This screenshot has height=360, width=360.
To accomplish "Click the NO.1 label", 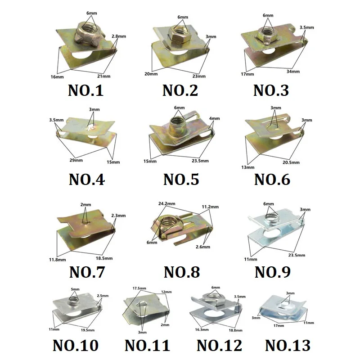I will pyautogui.click(x=86, y=90).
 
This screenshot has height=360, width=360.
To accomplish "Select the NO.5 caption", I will pyautogui.click(x=181, y=180).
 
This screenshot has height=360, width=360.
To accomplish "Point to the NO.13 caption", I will pyautogui.click(x=288, y=346).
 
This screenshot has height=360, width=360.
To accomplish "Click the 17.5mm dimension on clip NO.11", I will pyautogui.click(x=139, y=288).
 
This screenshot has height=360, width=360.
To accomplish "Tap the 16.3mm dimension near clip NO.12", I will pyautogui.click(x=202, y=329).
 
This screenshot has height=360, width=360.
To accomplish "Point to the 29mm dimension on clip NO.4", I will pyautogui.click(x=76, y=159).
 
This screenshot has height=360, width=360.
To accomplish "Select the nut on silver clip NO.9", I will pyautogui.click(x=270, y=218).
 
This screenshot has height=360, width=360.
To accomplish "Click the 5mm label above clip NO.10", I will pyautogui.click(x=75, y=289).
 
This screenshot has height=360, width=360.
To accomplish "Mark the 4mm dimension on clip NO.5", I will pyautogui.click(x=215, y=119).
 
